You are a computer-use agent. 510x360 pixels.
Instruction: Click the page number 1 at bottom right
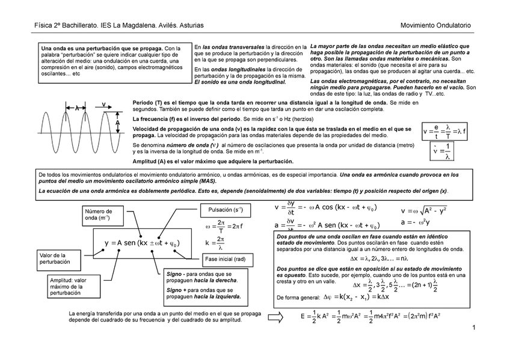pyautogui.click(x=474, y=328)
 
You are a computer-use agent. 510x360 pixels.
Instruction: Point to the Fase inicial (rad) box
pyautogui.click(x=225, y=259)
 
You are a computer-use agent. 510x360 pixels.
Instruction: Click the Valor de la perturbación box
pyautogui.click(x=54, y=259)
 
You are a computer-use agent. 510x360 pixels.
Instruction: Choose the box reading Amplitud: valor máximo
pyautogui.click(x=67, y=285)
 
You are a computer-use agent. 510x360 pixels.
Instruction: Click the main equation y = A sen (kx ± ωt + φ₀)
pyautogui.click(x=141, y=243)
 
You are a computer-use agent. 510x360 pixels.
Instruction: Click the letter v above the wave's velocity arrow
pyautogui.click(x=103, y=105)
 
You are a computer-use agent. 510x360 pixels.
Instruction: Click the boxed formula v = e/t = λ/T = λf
pyautogui.click(x=444, y=130)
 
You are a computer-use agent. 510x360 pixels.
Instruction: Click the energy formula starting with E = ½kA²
pyautogui.click(x=370, y=316)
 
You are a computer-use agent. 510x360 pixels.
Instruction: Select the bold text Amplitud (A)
pyautogui.click(x=153, y=162)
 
